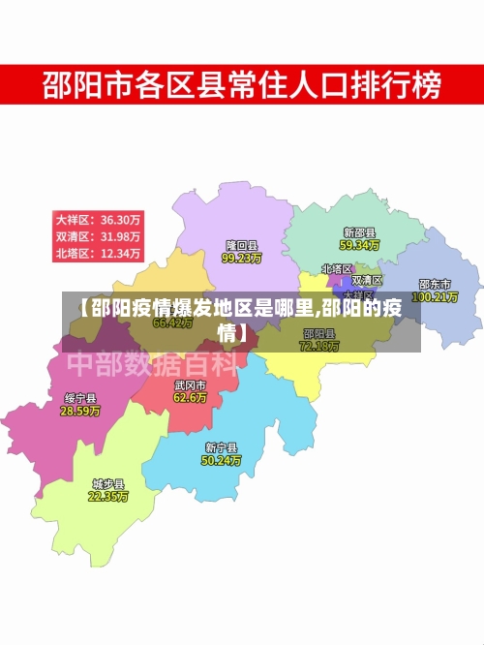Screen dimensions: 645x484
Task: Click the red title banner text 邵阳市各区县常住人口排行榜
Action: pyautogui.click(x=241, y=86)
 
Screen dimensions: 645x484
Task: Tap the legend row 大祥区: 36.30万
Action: pyautogui.click(x=99, y=219)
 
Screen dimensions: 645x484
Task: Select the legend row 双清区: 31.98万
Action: pyautogui.click(x=99, y=236)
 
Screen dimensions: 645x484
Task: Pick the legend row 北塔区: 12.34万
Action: pyautogui.click(x=99, y=254)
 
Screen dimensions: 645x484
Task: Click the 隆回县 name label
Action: pyautogui.click(x=242, y=246)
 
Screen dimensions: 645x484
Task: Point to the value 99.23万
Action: pyautogui.click(x=242, y=259)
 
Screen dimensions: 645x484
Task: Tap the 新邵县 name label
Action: pyautogui.click(x=359, y=233)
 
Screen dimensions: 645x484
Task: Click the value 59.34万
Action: pyautogui.click(x=359, y=245)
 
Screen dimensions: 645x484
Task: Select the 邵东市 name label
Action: pyautogui.click(x=435, y=285)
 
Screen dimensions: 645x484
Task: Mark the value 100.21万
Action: pyautogui.click(x=435, y=296)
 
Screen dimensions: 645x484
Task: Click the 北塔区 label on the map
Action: pyautogui.click(x=338, y=268)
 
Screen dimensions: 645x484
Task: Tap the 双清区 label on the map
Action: pyautogui.click(x=367, y=280)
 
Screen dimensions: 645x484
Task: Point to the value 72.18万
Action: pyautogui.click(x=319, y=346)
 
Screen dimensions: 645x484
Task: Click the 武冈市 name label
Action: pyautogui.click(x=190, y=384)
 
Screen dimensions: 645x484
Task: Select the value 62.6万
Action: pyautogui.click(x=190, y=397)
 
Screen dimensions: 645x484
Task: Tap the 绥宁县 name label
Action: pyautogui.click(x=80, y=398)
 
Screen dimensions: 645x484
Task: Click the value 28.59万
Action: pyautogui.click(x=80, y=411)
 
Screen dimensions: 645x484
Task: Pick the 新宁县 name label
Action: pyautogui.click(x=222, y=447)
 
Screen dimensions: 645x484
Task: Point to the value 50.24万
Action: pyautogui.click(x=222, y=460)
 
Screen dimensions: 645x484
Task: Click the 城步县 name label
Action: pyautogui.click(x=108, y=483)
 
